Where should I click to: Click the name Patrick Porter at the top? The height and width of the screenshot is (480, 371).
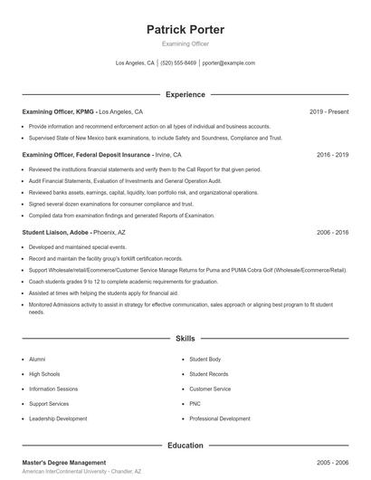click(185, 30)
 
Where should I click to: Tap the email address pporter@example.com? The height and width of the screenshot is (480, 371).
click(229, 63)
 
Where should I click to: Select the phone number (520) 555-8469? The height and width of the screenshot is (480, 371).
click(178, 63)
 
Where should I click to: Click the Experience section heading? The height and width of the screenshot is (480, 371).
click(185, 94)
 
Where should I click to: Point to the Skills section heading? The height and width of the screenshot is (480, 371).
click(185, 339)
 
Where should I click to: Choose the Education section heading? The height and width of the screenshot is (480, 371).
click(185, 446)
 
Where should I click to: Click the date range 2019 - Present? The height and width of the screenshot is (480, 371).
click(328, 111)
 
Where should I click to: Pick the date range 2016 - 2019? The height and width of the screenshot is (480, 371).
click(332, 155)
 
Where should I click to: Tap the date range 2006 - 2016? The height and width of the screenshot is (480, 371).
click(332, 233)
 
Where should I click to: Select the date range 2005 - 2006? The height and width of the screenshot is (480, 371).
click(332, 462)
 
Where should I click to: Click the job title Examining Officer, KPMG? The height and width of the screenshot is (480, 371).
click(58, 111)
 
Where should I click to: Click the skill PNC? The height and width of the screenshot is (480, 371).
click(195, 404)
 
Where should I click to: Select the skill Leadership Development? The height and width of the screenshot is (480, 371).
click(58, 418)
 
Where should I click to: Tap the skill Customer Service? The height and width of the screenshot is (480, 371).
click(210, 389)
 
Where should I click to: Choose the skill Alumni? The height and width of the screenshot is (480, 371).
click(38, 360)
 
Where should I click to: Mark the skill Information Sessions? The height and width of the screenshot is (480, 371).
click(53, 389)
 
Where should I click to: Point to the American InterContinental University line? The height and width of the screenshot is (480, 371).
click(81, 472)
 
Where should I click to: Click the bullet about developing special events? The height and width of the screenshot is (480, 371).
click(65, 246)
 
